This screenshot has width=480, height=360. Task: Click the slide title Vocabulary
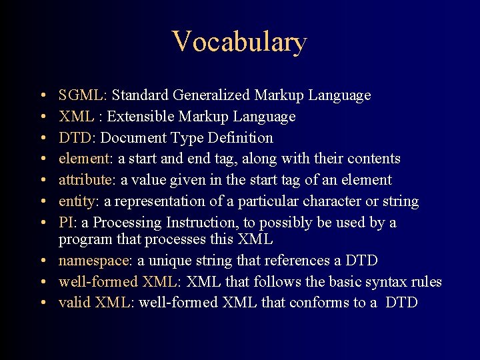239,41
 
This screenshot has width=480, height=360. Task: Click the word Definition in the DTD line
240,138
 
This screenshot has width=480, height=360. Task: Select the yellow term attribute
85,180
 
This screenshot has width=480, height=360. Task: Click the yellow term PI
66,222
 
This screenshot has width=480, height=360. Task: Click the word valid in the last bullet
75,303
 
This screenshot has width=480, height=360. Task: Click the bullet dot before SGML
42,96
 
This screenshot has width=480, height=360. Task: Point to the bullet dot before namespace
42,261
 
